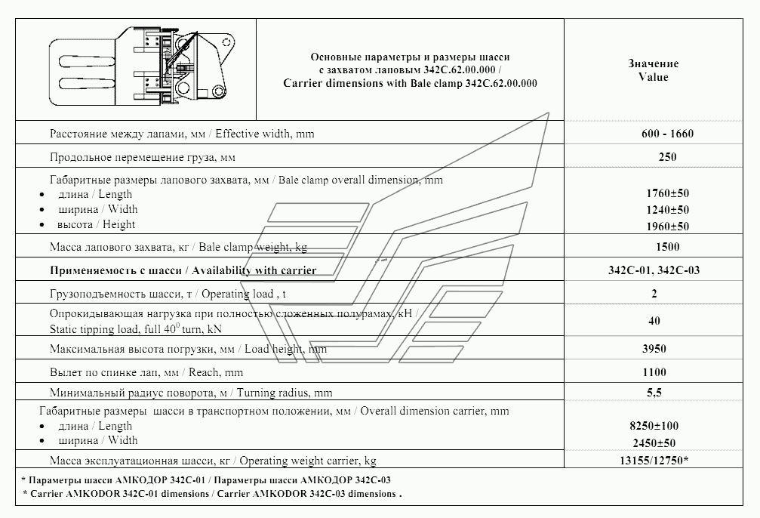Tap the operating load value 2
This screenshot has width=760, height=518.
tap(654, 293)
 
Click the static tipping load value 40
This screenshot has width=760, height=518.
tap(654, 321)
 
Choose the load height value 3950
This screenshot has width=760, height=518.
tap(653, 349)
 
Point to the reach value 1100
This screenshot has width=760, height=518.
tap(653, 372)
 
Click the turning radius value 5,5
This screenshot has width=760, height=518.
tap(653, 393)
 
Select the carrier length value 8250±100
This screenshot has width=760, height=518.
tap(653, 427)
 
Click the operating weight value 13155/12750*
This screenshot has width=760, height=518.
tap(653, 461)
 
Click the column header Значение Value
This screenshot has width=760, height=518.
tap(653, 70)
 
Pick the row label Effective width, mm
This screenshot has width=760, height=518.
tap(181, 134)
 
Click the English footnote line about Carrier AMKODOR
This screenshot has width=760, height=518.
tap(211, 494)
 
